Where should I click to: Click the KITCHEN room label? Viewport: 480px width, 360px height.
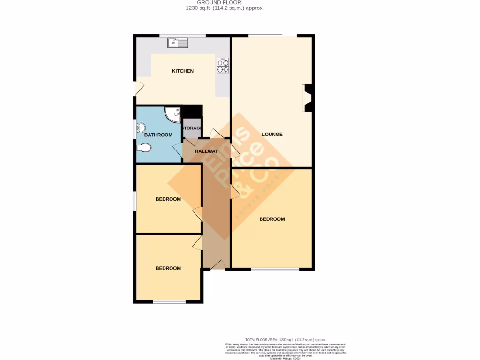(183, 71)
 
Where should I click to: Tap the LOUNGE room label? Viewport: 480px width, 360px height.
(272, 135)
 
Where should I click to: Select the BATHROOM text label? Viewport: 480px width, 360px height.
(158, 135)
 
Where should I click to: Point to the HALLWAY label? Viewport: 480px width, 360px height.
(206, 151)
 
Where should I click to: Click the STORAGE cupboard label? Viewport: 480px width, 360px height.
(192, 128)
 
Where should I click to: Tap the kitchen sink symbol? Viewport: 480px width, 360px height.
(178, 43)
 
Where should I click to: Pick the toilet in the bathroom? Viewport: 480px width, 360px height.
(144, 148)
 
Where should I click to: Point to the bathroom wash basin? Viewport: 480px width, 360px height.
(140, 127)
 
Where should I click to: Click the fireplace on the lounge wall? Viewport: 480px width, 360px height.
(307, 98)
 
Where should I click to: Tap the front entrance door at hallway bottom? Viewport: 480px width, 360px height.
(217, 265)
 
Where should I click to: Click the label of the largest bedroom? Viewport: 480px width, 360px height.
(272, 219)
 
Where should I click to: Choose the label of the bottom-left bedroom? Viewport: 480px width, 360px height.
(168, 269)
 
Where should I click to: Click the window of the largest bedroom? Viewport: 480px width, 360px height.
(275, 270)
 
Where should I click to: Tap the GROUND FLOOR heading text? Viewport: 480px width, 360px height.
(225, 2)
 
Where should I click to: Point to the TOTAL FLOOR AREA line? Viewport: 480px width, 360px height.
(285, 340)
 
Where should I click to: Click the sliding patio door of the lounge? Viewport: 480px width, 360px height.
(265, 36)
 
